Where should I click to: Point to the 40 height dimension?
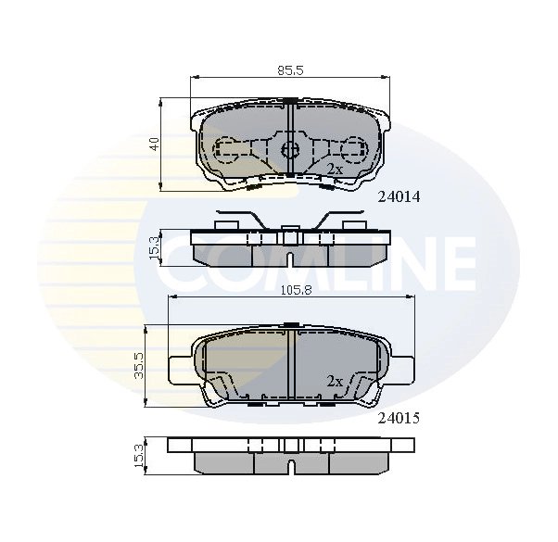(156, 144)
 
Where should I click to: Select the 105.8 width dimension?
(290, 289)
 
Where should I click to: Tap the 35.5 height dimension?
(138, 364)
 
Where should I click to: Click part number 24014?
(399, 195)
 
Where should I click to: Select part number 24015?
(399, 418)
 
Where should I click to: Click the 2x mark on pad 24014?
(335, 169)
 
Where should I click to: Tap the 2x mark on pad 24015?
(335, 381)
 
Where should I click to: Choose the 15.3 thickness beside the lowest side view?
(139, 456)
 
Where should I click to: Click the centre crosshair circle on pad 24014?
(289, 148)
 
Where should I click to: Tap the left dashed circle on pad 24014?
(226, 148)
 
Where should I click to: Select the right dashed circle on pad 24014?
(353, 148)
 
